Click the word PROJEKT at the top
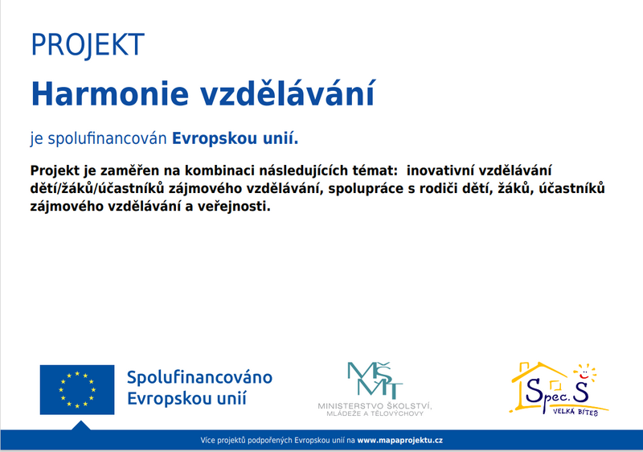(x=88, y=45)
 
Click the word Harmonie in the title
(x=110, y=94)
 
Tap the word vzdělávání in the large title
(x=288, y=93)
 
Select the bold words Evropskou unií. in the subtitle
(x=235, y=138)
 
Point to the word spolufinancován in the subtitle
(x=107, y=139)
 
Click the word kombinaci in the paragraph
(x=219, y=171)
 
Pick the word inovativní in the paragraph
(x=440, y=171)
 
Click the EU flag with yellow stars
(x=77, y=389)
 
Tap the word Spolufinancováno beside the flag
(x=199, y=377)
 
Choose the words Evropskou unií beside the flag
(x=187, y=398)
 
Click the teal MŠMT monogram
(x=375, y=380)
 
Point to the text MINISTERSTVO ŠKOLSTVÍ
(x=375, y=406)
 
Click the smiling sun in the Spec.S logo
(x=585, y=373)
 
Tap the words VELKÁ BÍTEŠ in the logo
(x=575, y=412)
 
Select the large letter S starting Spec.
(x=534, y=391)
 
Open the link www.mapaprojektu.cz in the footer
(x=399, y=441)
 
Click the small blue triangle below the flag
(x=81, y=426)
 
